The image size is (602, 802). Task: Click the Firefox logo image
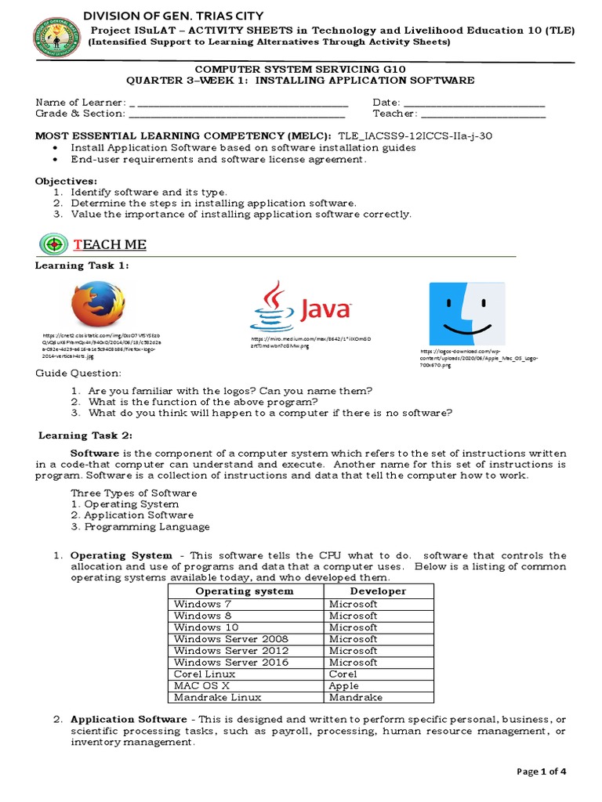98,304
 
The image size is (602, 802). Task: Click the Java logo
301,307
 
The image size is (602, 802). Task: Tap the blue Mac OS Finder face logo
466,313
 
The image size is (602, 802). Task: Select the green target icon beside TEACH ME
53,244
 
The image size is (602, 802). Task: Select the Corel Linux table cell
205,674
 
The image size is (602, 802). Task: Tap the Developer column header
378,591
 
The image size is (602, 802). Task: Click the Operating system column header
244,591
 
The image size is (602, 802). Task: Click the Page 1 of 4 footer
542,771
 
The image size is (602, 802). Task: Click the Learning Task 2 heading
85,435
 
